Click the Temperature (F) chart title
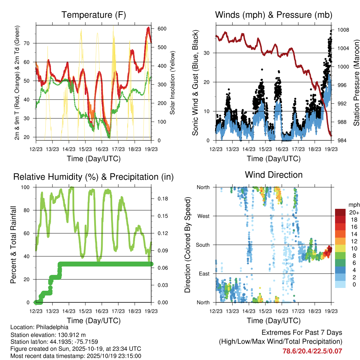click(x=94, y=15)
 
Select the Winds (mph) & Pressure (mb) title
click(x=274, y=15)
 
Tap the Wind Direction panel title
click(x=274, y=174)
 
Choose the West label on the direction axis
click(x=203, y=216)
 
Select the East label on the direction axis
click(x=204, y=274)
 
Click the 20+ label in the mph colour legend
click(x=354, y=212)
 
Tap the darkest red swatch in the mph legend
click(x=340, y=212)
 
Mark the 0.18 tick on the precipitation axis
click(x=162, y=199)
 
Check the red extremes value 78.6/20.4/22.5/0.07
click(x=312, y=351)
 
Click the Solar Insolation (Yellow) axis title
click(x=172, y=83)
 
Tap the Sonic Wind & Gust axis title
click(x=195, y=83)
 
